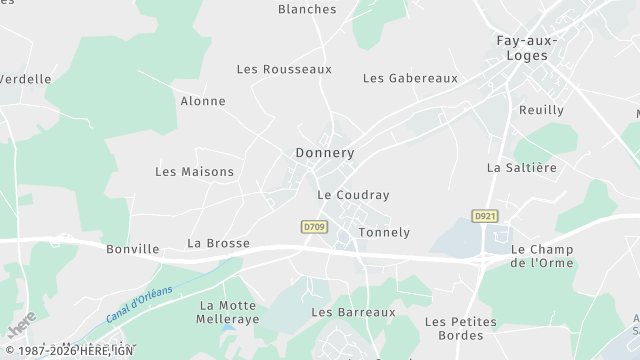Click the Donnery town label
coord(325,153)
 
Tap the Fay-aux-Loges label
coord(527,49)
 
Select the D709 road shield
coord(314,228)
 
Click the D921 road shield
coord(485,216)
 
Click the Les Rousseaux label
coord(284,69)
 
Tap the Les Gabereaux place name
coord(410,78)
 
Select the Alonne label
coord(203,101)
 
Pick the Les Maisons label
coord(194,172)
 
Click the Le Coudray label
coord(353,195)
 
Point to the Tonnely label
coord(384,233)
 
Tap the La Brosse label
coord(218,243)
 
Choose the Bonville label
coord(133,249)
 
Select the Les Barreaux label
coord(353,312)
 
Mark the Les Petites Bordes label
coord(461,328)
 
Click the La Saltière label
coord(521,168)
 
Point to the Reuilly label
coord(541,110)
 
